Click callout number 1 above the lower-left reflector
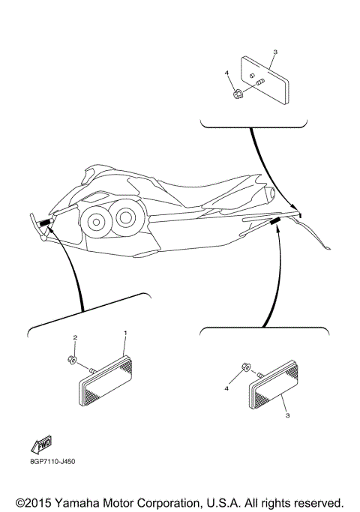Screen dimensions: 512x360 (125, 332)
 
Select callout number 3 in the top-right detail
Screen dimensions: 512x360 (274, 52)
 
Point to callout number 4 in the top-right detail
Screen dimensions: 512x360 (226, 73)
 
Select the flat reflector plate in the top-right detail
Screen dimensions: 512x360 (268, 80)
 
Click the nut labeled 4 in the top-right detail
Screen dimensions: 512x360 (236, 94)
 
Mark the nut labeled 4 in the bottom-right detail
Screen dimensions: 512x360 (246, 367)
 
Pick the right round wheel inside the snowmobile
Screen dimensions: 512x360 (127, 218)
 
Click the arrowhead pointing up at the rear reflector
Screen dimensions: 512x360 (279, 231)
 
